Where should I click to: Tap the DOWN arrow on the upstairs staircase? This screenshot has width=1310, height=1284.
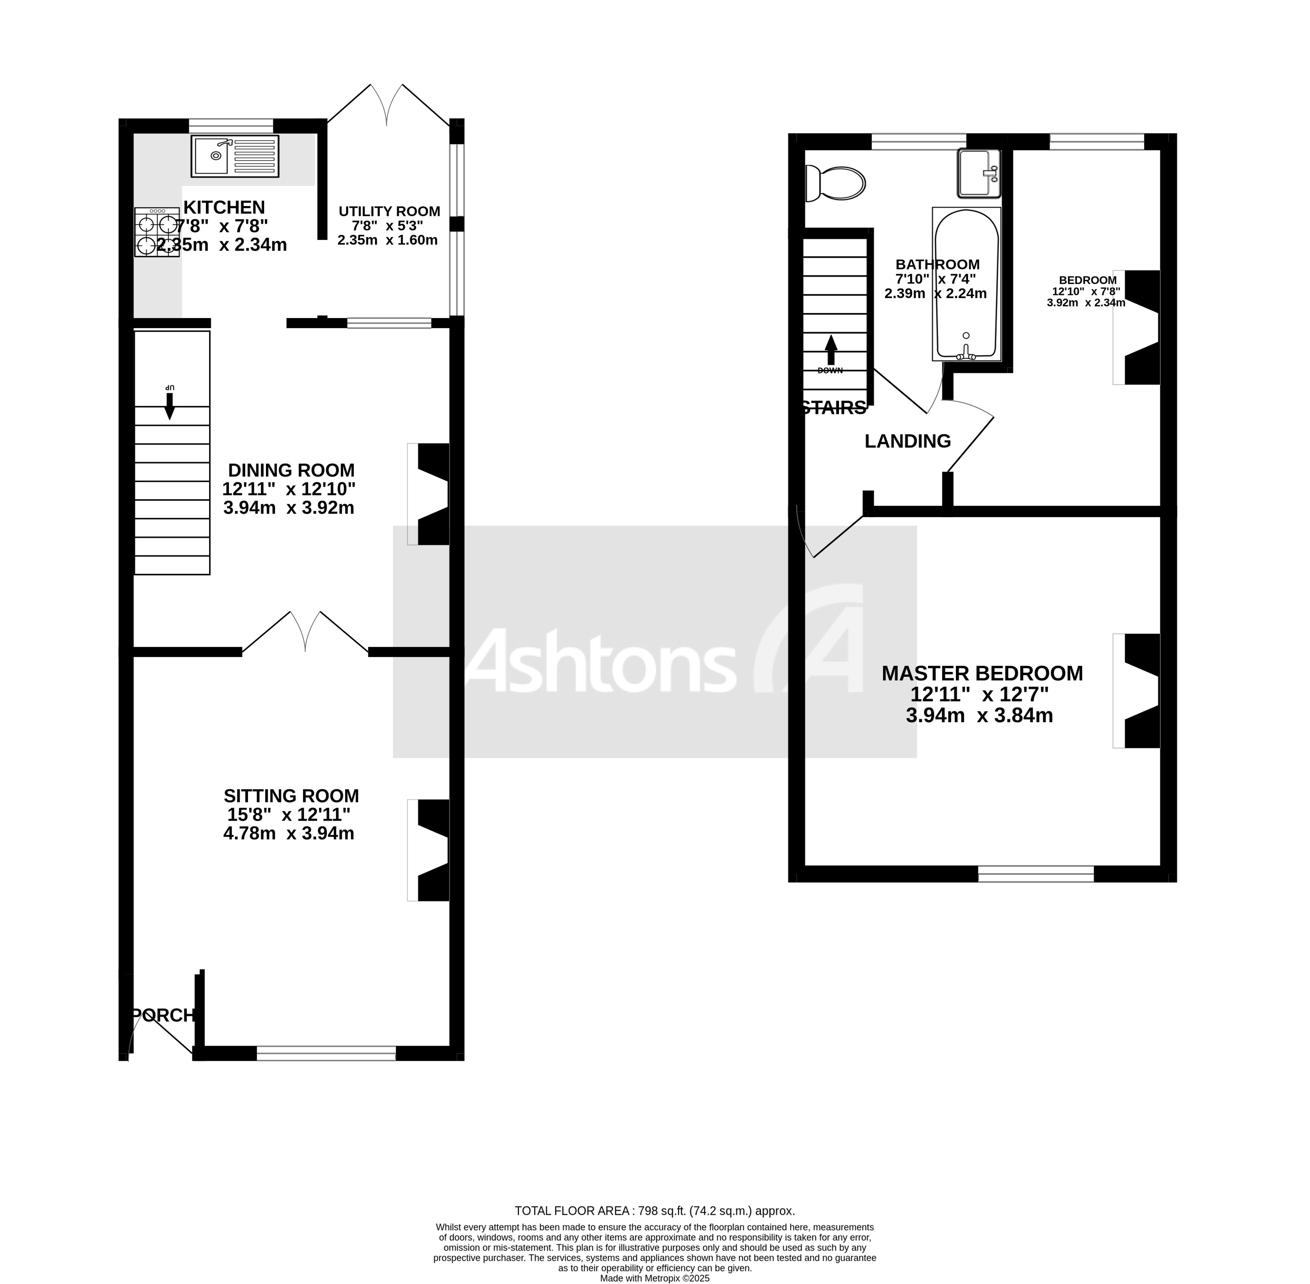click(831, 351)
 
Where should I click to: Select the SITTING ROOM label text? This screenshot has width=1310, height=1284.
click(291, 796)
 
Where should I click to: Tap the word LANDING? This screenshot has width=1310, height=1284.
click(907, 441)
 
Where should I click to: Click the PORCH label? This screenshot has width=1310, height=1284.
click(163, 1015)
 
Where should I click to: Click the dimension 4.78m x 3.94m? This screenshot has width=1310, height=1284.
click(289, 834)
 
